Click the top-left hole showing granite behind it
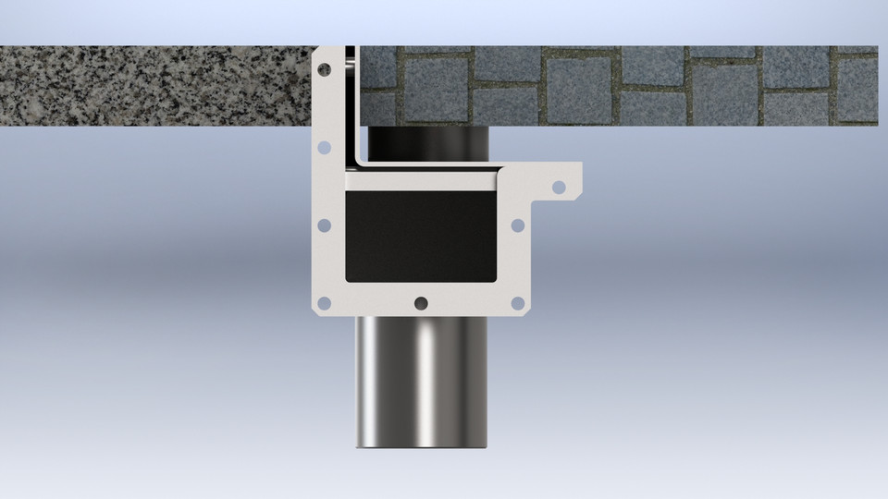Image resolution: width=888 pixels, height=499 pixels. pyautogui.click(x=325, y=69)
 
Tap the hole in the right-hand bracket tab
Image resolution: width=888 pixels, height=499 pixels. pyautogui.click(x=558, y=187)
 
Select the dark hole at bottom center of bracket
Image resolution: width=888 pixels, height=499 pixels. pyautogui.click(x=422, y=302)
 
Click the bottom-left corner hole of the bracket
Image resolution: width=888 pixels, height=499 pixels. pyautogui.click(x=324, y=302)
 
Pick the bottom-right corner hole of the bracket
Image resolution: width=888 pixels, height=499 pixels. pyautogui.click(x=518, y=302)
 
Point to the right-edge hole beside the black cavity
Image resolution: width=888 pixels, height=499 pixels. pyautogui.click(x=518, y=225)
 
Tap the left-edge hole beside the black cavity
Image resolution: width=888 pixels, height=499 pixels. pyautogui.click(x=324, y=225)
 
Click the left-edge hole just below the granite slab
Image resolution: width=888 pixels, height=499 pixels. pyautogui.click(x=324, y=147)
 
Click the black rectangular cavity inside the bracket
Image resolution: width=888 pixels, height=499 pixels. pyautogui.click(x=422, y=236)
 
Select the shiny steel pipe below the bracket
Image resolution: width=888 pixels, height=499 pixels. pyautogui.click(x=422, y=379)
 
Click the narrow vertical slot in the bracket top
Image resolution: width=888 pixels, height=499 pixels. pyautogui.click(x=351, y=102)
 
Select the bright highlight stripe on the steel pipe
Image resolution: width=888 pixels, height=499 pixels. pyautogui.click(x=427, y=379)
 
